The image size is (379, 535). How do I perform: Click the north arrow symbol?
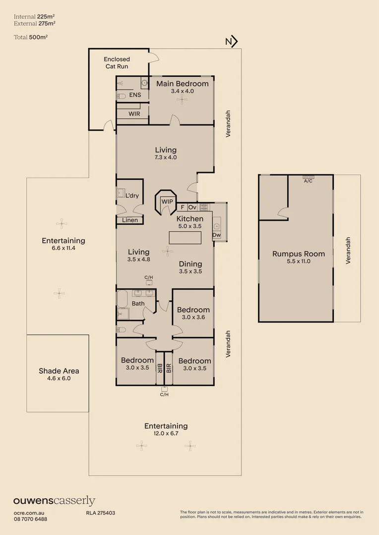click(x=232, y=42)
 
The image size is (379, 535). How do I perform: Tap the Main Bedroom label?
click(x=182, y=84)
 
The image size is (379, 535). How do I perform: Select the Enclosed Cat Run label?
click(x=117, y=62)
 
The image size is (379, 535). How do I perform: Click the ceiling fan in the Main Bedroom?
click(x=182, y=100)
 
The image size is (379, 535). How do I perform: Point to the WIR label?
click(x=134, y=114)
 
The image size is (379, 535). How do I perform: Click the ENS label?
click(x=135, y=95)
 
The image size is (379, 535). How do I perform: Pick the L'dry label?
click(x=132, y=196)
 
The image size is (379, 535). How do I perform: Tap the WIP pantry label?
click(x=167, y=202)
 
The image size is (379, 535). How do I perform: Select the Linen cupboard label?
click(x=130, y=220)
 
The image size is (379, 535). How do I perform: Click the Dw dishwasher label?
click(x=216, y=235)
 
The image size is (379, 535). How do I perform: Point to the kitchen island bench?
click(x=185, y=238)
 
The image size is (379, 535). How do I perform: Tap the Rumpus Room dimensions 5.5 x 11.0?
click(x=299, y=261)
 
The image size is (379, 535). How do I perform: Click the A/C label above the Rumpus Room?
click(x=308, y=181)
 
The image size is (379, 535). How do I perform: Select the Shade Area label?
click(x=59, y=371)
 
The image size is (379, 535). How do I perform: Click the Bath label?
click(x=138, y=304)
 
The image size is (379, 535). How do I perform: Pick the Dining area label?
click(x=190, y=264)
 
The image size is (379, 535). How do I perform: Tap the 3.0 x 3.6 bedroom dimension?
click(x=193, y=318)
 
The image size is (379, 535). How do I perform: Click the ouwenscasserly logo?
click(x=54, y=501)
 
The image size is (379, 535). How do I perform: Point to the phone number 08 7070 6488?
click(x=30, y=519)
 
